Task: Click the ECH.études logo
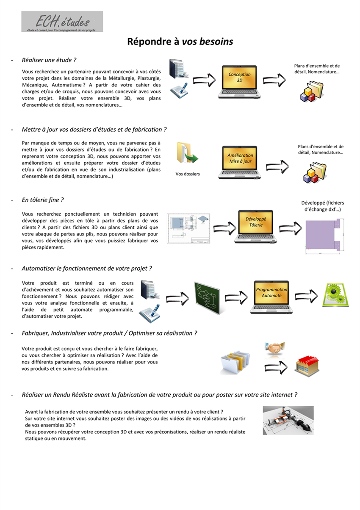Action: coord(62,22)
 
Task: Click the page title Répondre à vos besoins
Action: coord(180,42)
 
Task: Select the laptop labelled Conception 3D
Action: coord(239,82)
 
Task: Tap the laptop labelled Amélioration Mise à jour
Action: coord(240,162)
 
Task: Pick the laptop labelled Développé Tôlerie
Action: coord(255,227)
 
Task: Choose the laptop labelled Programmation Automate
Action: coord(271,297)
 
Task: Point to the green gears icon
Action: coord(335,295)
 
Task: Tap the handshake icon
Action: coord(275,347)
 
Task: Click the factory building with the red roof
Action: coord(307,366)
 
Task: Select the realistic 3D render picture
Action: coord(288,420)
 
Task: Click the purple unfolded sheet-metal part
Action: coord(323,235)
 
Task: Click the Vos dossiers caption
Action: coord(188,174)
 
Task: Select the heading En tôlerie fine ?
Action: coord(43,200)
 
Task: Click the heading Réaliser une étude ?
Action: coord(49,60)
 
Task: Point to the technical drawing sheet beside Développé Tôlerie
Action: coord(188,228)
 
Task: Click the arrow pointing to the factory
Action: coord(276,367)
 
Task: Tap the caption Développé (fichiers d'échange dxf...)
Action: coord(322,206)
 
